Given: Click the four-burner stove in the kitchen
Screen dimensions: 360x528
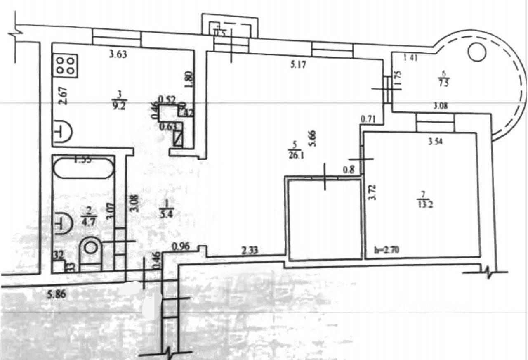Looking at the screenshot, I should click(x=66, y=65).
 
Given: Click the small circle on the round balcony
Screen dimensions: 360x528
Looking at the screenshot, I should click(x=477, y=52).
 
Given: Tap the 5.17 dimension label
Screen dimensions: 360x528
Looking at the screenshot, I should click(x=298, y=65).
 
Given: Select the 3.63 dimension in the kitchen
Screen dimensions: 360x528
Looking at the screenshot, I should click(x=117, y=53).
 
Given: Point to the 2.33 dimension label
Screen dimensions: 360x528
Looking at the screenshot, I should click(x=250, y=250).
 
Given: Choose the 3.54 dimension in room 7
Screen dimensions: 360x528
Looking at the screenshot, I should click(x=436, y=143).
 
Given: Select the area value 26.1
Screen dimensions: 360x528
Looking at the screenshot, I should click(x=295, y=155).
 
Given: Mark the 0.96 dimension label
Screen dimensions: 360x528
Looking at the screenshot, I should click(x=180, y=247).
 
